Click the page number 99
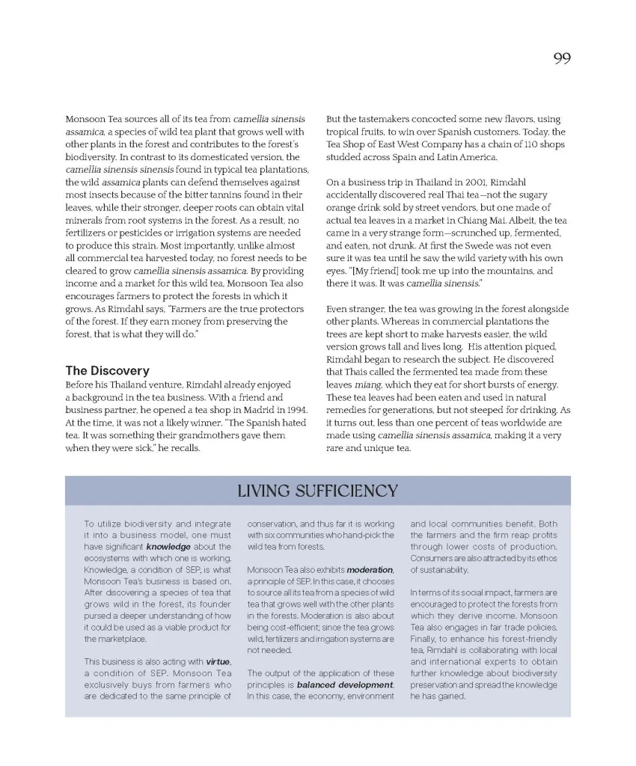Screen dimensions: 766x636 point(562,58)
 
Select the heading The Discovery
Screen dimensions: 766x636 point(107,371)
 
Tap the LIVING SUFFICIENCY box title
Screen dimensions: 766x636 point(317,491)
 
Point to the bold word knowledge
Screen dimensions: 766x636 point(168,548)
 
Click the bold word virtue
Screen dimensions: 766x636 point(218,662)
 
